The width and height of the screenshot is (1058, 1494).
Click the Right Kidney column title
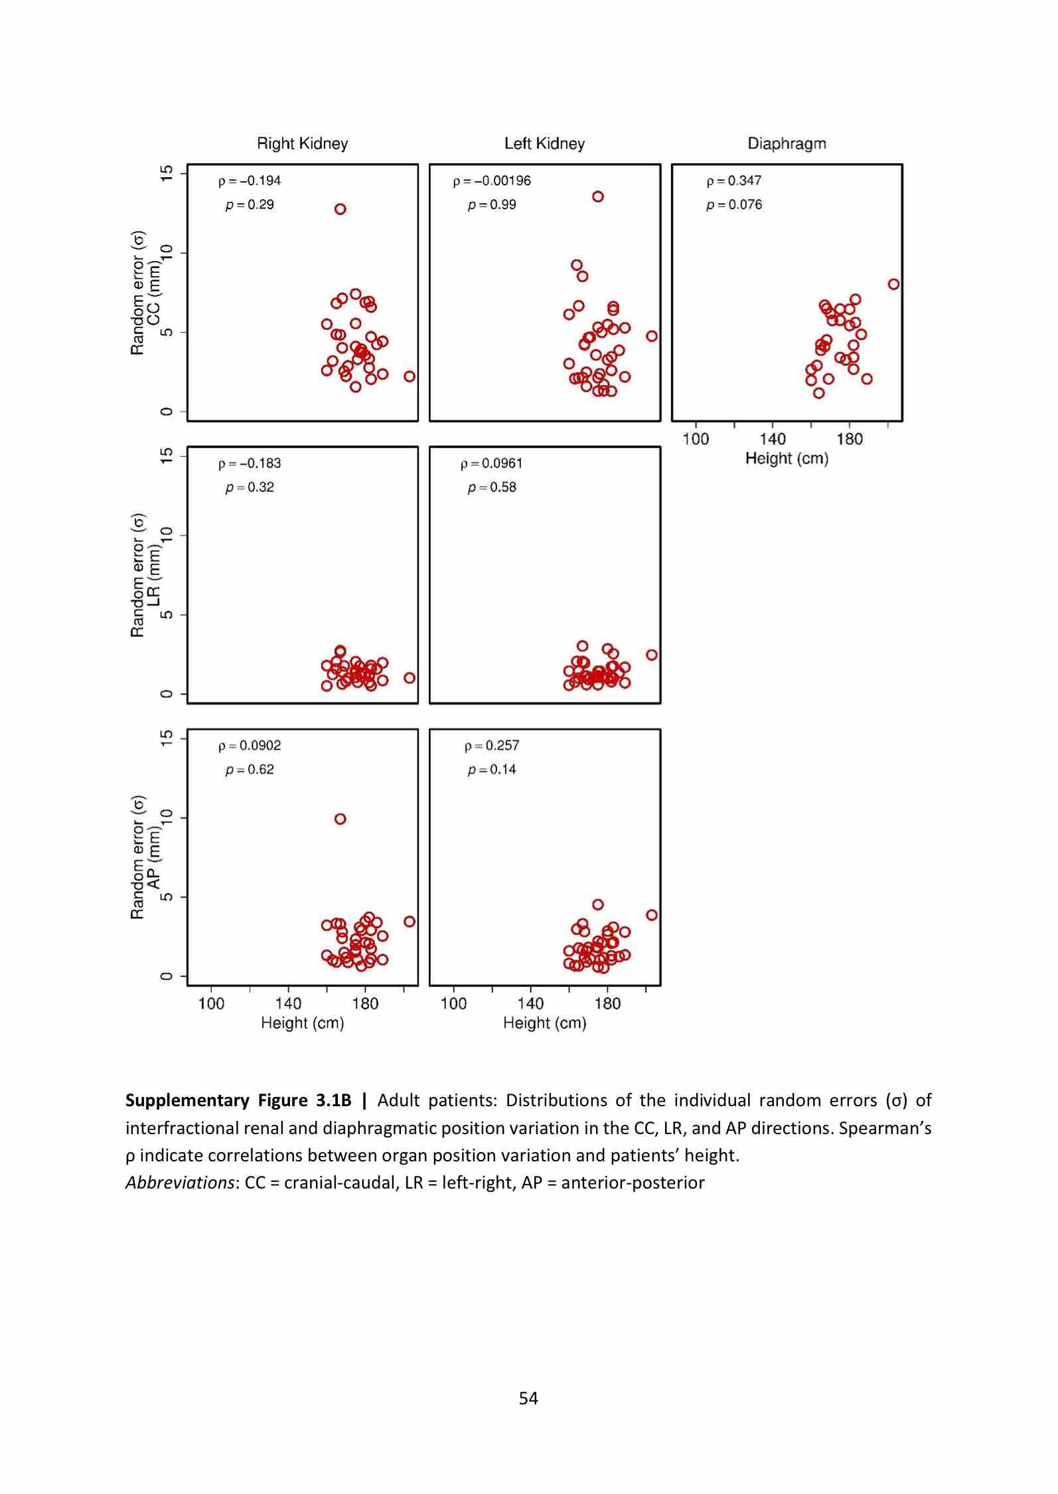[x=302, y=143]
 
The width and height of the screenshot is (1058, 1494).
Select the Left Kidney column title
[x=544, y=143]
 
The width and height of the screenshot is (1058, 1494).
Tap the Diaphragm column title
[x=787, y=143]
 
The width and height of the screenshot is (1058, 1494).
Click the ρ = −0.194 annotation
[x=250, y=181]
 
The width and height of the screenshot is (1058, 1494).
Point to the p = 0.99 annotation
[x=492, y=205]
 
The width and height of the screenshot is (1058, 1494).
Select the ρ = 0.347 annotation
[x=733, y=181]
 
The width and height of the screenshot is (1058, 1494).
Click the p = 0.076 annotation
[x=733, y=205]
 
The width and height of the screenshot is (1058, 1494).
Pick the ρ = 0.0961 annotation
[x=491, y=463]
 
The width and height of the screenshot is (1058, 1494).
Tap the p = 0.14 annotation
[x=492, y=770]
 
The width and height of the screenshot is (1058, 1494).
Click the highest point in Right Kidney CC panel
[x=340, y=209]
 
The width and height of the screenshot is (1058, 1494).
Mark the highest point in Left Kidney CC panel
[x=597, y=197]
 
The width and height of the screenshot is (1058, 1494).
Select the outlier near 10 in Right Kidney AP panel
[x=340, y=819]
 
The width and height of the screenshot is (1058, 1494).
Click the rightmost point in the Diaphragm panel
[x=893, y=284]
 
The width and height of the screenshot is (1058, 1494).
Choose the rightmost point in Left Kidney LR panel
[x=651, y=655]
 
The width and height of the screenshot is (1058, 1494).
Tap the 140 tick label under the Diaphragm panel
[x=772, y=439]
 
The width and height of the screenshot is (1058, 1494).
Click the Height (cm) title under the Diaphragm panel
[x=787, y=458]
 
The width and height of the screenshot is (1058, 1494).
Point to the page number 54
[x=528, y=1398]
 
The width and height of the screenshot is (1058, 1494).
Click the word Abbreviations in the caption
[x=179, y=1183]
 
